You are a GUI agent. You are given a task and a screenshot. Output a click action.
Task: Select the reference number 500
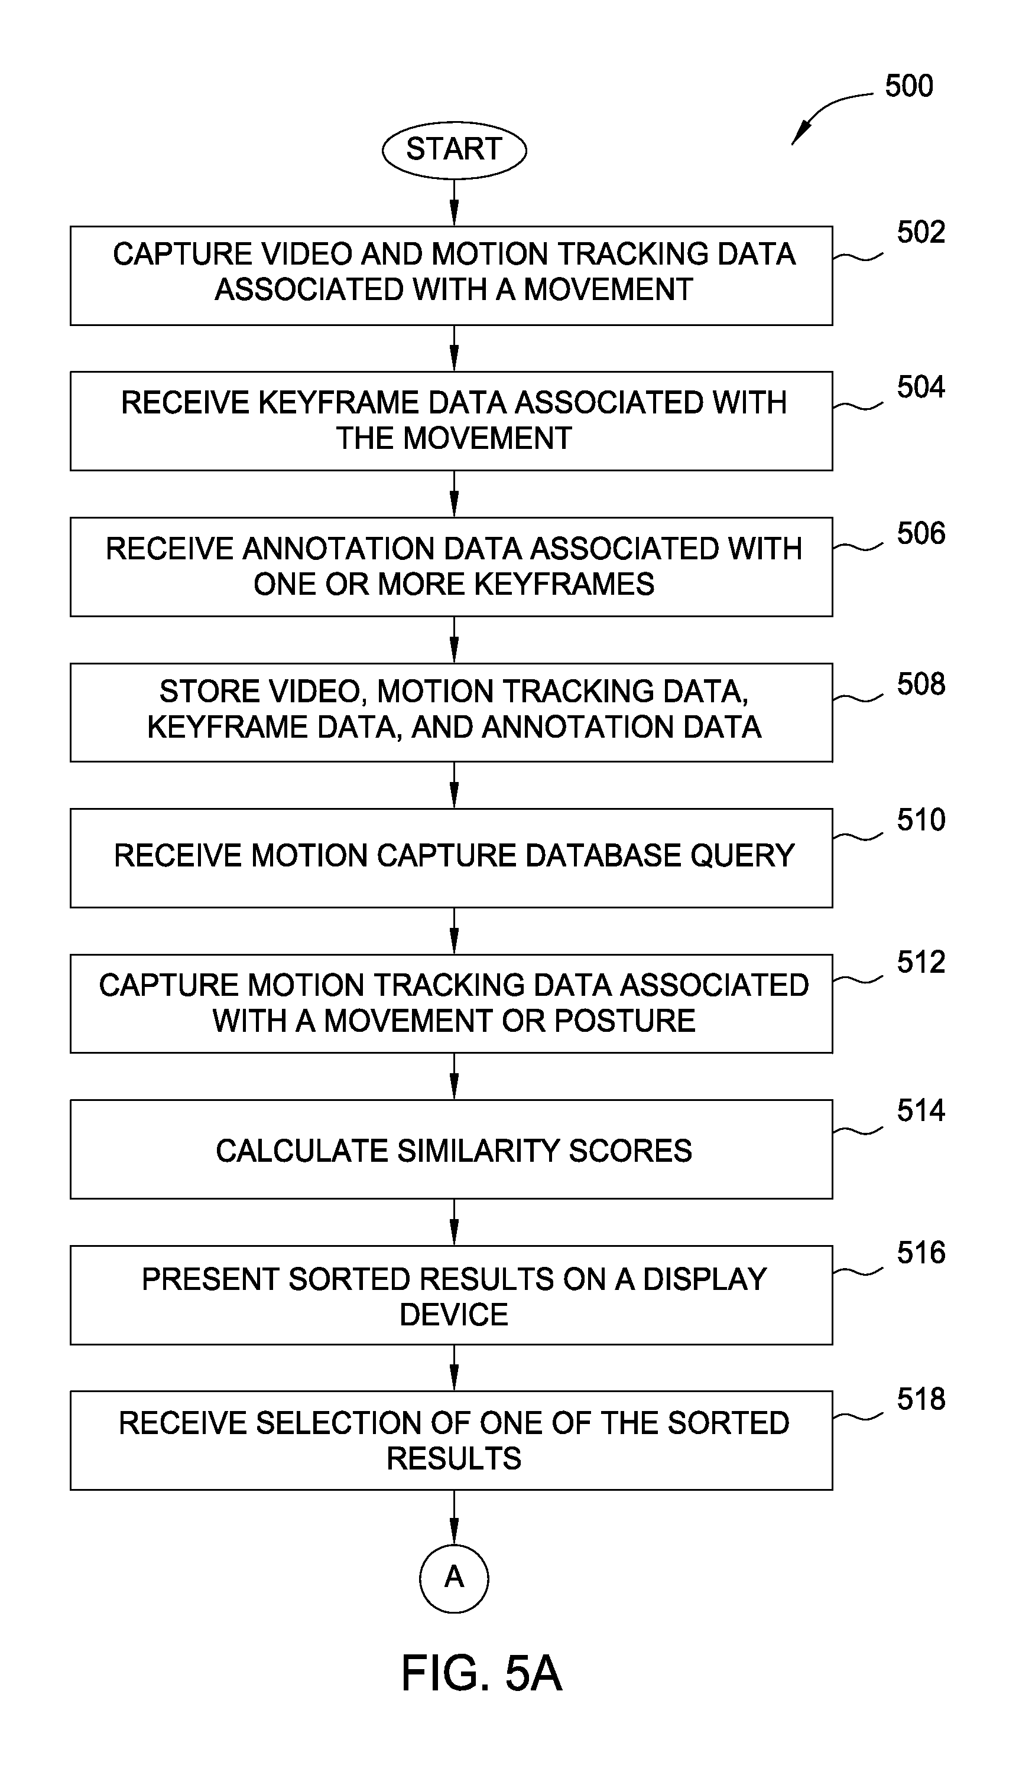(908, 86)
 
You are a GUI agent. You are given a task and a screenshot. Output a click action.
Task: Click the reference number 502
(920, 232)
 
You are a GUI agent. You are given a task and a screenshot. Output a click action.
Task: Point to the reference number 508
(920, 684)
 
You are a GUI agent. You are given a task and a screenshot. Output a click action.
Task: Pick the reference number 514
(920, 1111)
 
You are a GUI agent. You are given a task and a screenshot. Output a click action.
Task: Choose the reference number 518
(920, 1399)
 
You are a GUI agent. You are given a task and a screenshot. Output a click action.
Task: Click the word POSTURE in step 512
(625, 1021)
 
